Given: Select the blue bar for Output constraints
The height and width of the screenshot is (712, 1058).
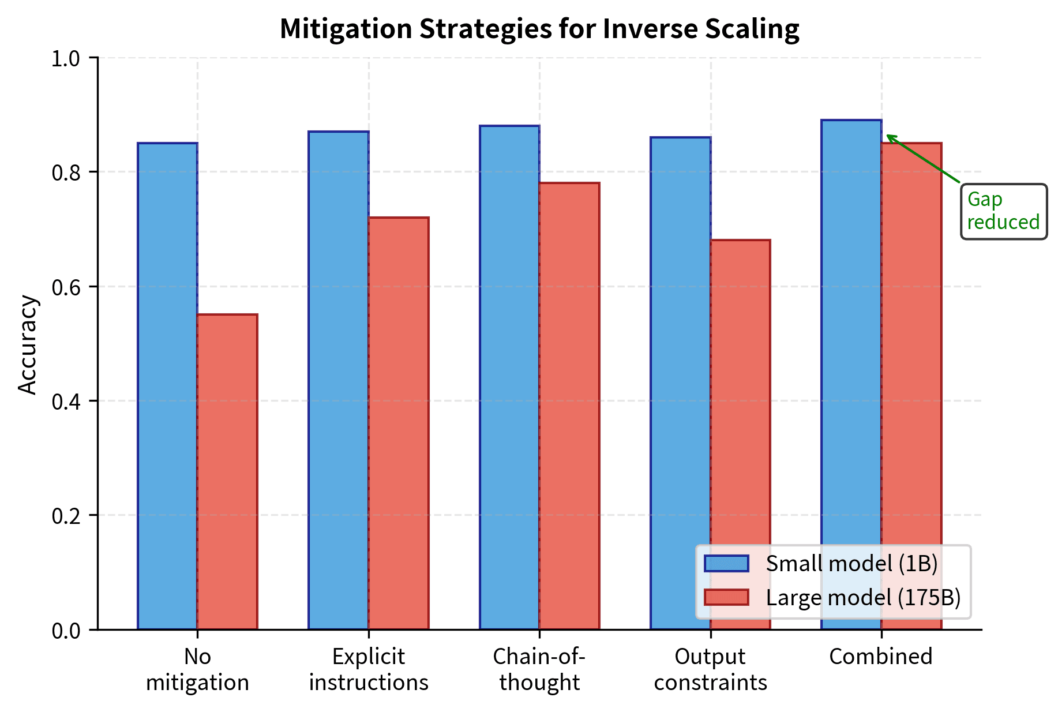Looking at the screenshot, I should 680,346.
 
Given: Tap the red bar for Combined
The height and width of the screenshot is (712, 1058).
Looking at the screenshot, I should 911,346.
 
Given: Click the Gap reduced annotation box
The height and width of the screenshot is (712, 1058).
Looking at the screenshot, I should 1003,211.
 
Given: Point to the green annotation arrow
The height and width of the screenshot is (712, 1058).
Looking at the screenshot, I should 923,159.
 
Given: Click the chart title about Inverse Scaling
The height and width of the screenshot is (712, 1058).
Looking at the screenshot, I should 539,29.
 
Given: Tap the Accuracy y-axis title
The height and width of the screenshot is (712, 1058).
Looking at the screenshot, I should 27,344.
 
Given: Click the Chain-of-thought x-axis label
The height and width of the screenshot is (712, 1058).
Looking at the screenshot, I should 539,669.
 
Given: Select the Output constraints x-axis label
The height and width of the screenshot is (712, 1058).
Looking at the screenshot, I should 710,669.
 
